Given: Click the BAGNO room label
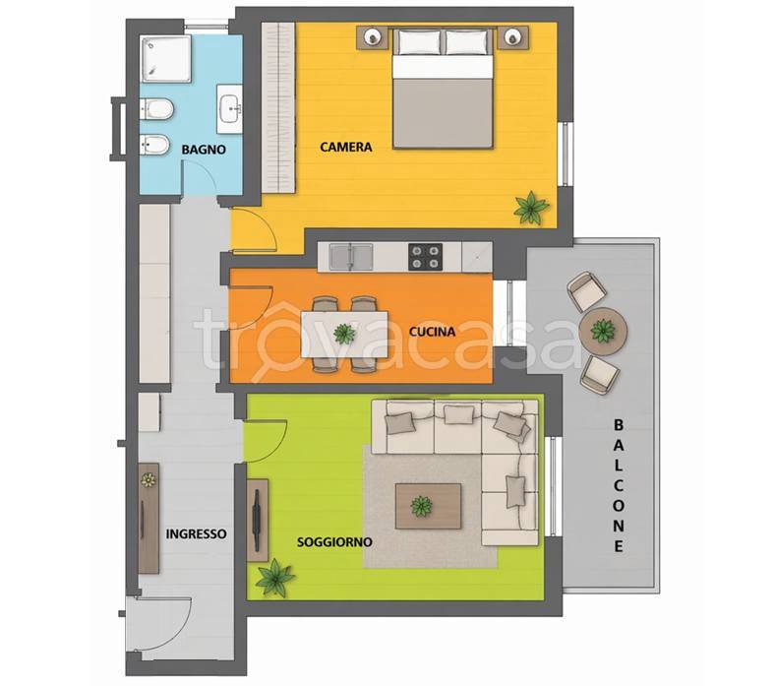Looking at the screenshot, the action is (204, 150).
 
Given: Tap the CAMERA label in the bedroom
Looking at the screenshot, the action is (346, 147).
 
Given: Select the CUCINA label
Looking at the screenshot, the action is (432, 332).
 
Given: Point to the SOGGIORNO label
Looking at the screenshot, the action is (334, 542).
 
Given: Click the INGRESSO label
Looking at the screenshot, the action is (197, 534).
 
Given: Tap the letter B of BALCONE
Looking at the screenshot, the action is (619, 425).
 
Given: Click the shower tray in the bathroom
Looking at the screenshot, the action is (165, 58).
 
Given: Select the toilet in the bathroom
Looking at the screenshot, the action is (156, 109).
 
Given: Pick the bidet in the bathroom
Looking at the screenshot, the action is (155, 145).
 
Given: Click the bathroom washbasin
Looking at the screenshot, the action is (230, 109).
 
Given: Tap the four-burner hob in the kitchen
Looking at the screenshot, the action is (425, 257).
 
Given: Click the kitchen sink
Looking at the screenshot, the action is (351, 257).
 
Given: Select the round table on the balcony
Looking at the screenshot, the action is (604, 331).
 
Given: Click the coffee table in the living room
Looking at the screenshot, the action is (428, 507).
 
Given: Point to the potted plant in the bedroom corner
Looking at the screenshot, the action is (531, 209).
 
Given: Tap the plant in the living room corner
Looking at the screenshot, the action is (273, 577).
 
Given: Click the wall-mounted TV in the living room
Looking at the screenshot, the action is (257, 520).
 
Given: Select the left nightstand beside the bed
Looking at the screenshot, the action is (372, 37).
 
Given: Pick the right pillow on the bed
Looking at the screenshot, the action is (466, 42).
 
